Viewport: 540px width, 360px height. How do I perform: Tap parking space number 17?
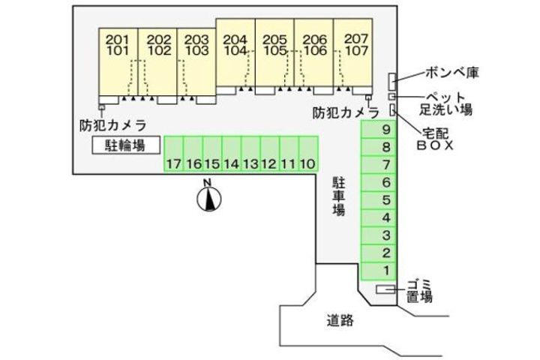coord(174,163)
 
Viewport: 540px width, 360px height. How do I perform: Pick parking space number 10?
coord(307,163)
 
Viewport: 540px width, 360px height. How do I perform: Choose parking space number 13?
coord(250,163)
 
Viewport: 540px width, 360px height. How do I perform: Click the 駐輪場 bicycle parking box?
coord(125,144)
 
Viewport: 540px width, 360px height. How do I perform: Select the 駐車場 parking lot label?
coord(339,196)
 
